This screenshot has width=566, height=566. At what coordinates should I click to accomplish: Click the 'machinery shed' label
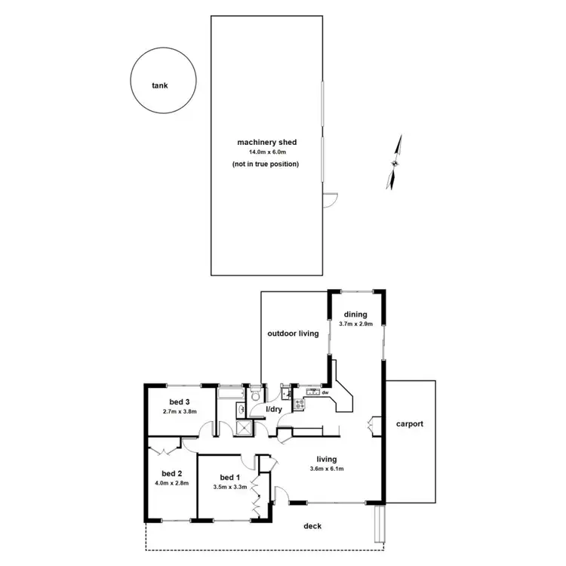(x=266, y=142)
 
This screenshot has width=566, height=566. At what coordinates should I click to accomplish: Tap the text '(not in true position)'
(x=266, y=164)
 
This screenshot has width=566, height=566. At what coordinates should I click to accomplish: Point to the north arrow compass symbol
(x=394, y=161)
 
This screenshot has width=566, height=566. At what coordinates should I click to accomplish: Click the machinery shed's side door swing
(x=329, y=198)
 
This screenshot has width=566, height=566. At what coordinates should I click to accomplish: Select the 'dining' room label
(x=355, y=314)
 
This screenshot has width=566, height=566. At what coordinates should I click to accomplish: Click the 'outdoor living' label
(x=293, y=333)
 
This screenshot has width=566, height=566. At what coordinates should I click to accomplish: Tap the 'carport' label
(x=410, y=424)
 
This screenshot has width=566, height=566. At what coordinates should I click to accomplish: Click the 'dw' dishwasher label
(x=325, y=392)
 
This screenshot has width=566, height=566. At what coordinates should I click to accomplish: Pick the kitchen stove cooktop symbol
(x=300, y=404)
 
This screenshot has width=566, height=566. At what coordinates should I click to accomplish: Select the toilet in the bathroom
(x=257, y=395)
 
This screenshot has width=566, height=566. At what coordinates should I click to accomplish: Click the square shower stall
(x=245, y=428)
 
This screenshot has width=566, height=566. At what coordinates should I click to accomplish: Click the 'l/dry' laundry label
(x=272, y=409)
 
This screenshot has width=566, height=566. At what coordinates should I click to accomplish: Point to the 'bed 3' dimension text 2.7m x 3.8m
(x=179, y=412)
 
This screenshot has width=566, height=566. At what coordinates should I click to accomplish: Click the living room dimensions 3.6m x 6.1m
(x=326, y=469)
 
